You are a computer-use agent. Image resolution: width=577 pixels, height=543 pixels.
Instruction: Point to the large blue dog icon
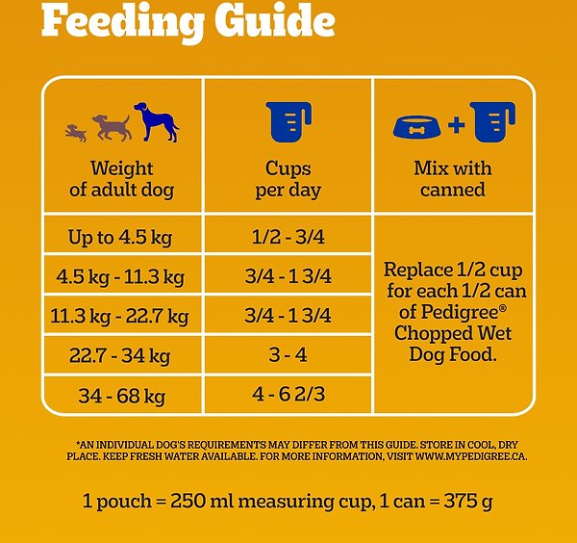click(x=157, y=122)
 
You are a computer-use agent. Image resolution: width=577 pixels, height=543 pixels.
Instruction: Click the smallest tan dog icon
click(x=75, y=132)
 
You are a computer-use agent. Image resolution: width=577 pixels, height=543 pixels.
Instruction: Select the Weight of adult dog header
click(x=121, y=179)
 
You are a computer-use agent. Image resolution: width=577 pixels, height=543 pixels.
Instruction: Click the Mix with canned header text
click(x=452, y=179)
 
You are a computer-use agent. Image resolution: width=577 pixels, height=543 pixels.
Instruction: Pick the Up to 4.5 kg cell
click(x=120, y=237)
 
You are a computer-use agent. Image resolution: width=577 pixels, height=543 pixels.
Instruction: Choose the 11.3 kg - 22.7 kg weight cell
click(x=120, y=316)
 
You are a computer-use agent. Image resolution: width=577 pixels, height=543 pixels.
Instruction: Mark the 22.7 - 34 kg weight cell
click(x=120, y=355)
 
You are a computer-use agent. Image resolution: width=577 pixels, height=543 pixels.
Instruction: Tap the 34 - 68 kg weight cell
click(x=121, y=395)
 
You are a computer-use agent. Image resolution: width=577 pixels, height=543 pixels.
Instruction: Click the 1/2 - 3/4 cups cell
click(x=288, y=237)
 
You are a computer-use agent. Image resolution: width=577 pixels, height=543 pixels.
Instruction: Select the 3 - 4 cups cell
click(x=288, y=355)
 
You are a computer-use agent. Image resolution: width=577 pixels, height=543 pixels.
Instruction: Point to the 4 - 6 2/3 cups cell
click(x=288, y=395)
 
